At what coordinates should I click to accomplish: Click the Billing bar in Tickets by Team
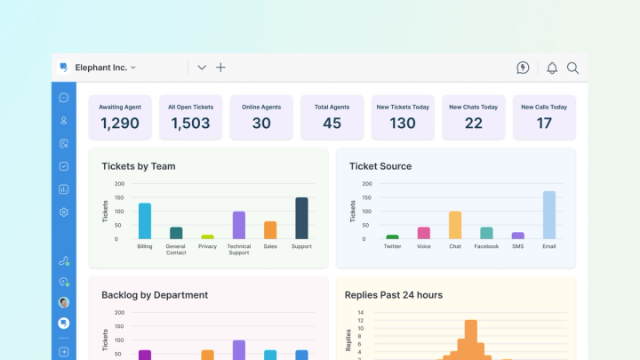click(144, 221)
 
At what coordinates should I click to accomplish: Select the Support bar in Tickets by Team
click(301, 218)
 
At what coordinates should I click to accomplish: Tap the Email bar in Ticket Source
click(549, 215)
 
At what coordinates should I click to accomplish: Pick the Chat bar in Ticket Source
click(455, 225)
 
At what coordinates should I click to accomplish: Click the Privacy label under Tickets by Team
click(207, 246)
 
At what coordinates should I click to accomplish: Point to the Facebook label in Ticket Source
click(486, 246)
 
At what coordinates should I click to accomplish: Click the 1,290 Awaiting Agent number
click(119, 124)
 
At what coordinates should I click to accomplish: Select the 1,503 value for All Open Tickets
click(189, 124)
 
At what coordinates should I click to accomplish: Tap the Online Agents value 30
click(261, 124)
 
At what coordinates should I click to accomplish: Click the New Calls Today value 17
click(544, 124)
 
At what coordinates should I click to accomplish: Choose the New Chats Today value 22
click(474, 124)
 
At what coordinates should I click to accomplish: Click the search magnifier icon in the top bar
click(573, 68)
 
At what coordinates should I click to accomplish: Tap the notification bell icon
click(552, 68)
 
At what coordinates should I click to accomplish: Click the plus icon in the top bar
click(221, 68)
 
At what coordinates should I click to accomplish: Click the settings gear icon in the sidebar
click(64, 212)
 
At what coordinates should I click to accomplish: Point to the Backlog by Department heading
click(155, 295)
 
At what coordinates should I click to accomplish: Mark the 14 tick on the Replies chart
click(361, 313)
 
